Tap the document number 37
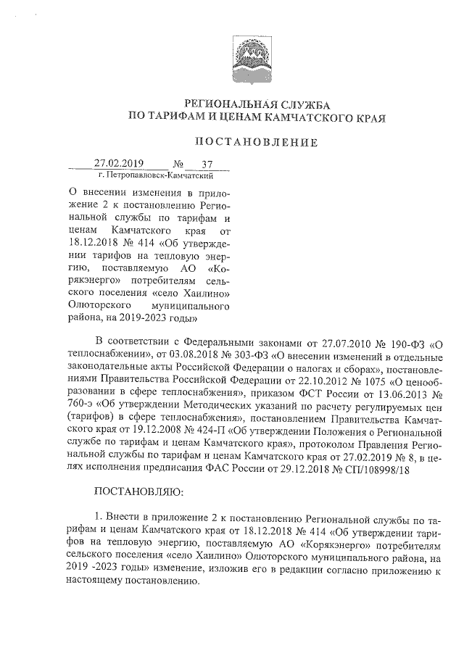coord(196,164)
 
